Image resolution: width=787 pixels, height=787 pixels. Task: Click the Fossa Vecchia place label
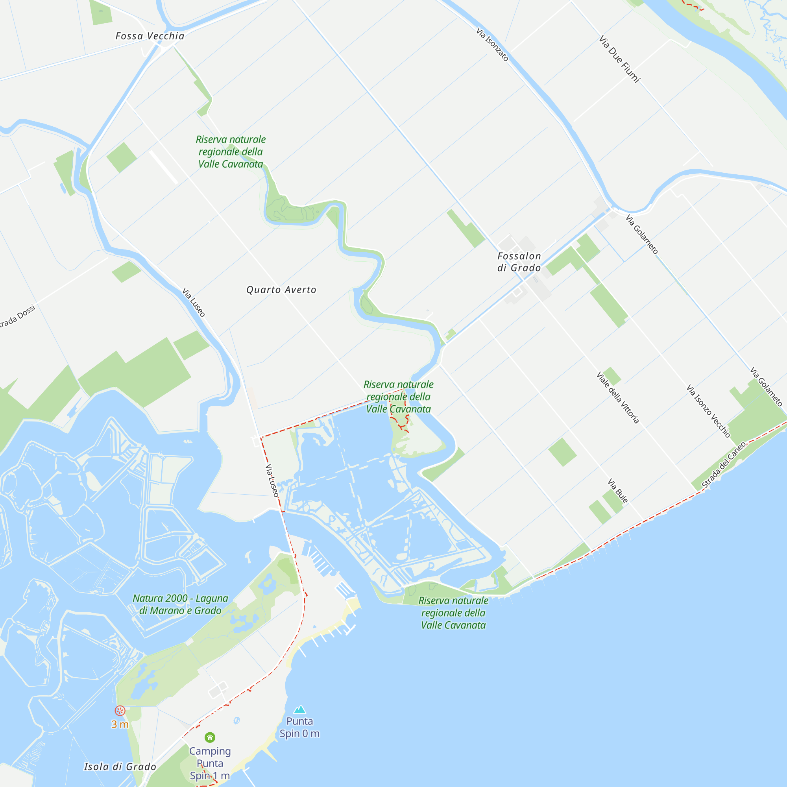tap(150, 36)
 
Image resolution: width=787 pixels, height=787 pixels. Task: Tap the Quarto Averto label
tap(281, 290)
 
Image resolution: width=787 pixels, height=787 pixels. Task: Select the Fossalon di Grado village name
tap(519, 262)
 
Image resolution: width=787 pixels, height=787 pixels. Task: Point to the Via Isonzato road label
tap(493, 44)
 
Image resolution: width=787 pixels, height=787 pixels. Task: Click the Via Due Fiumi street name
tap(619, 59)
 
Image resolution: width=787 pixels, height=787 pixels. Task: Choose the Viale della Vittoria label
tap(617, 397)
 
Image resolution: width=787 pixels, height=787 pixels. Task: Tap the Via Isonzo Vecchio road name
tap(708, 410)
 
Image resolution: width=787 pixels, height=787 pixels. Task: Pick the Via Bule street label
tap(618, 491)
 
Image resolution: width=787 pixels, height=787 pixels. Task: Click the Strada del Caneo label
tap(724, 465)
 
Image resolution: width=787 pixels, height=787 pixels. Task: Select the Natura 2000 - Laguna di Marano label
tap(180, 604)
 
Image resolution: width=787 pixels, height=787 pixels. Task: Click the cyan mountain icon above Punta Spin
tap(300, 709)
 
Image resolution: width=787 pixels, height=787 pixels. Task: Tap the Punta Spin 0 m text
tap(299, 727)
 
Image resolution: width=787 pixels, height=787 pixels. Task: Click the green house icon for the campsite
tap(210, 737)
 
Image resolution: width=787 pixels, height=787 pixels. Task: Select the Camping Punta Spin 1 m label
tap(210, 763)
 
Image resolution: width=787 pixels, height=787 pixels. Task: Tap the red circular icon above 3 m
tap(120, 711)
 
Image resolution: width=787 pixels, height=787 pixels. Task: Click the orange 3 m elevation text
tap(120, 724)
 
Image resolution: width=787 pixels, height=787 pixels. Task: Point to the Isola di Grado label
tap(120, 767)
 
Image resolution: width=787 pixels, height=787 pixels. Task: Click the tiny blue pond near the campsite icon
tap(236, 720)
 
